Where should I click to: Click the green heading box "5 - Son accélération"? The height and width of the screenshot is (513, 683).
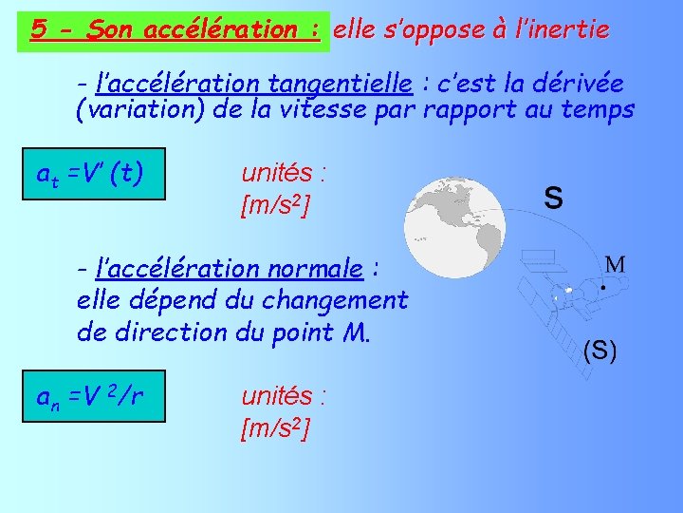pos(174,29)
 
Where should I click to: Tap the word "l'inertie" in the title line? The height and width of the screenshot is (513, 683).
pos(564,29)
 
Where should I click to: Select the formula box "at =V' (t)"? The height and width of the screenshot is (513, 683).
pos(96,174)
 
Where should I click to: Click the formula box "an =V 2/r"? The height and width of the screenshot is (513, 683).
pos(96,395)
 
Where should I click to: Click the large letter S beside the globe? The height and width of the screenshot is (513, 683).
pos(553,199)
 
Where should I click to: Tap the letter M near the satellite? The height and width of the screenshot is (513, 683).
pos(615,263)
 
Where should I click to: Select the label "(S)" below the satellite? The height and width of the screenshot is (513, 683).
pos(599,351)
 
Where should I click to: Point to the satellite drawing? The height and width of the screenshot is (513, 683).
pos(564,290)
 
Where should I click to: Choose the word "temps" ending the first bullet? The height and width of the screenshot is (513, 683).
pos(600,110)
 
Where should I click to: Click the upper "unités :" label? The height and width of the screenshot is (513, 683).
pos(285,173)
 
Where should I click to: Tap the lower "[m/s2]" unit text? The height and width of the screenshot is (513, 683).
pos(276,429)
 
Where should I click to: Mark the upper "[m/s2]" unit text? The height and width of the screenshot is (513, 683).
pos(276,205)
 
